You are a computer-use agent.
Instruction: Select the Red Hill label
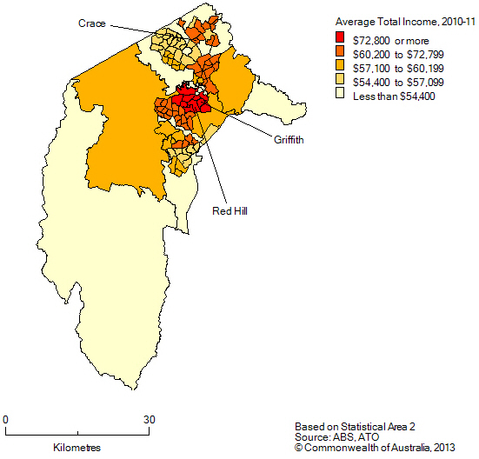[230, 210]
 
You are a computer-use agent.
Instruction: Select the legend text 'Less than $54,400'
[393, 96]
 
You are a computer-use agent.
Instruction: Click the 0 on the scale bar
[6, 420]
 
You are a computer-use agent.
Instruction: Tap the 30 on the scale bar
[150, 420]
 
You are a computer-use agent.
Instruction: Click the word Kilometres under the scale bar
[77, 447]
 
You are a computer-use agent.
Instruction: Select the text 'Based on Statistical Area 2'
[355, 427]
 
